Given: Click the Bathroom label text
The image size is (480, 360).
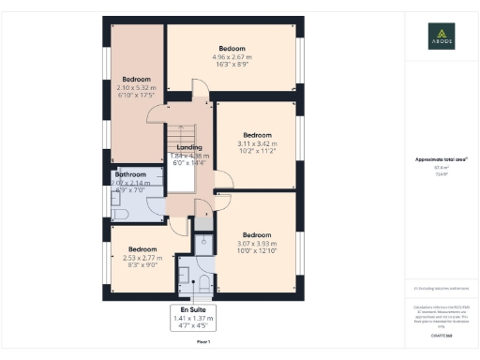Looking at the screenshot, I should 130,175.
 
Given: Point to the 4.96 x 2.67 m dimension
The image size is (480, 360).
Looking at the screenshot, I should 232,57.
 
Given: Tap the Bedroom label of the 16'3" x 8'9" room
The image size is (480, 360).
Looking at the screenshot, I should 232,48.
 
